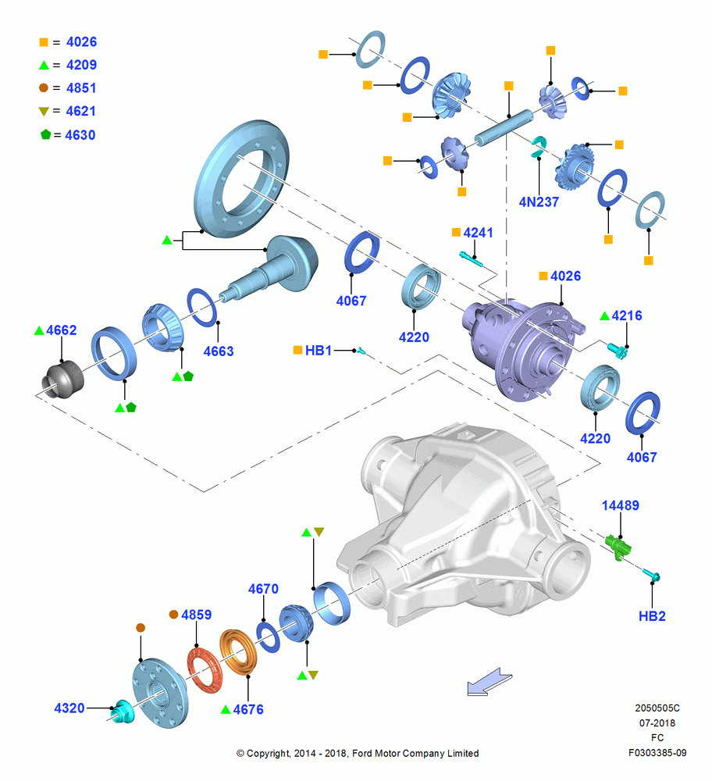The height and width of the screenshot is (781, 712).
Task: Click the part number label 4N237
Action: [x=539, y=201]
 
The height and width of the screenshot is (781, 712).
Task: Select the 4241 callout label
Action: [x=478, y=233]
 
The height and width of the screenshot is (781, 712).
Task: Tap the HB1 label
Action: [x=319, y=350]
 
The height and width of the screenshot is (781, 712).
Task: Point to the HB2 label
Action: [x=652, y=616]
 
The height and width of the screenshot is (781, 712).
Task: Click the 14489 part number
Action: [x=621, y=505]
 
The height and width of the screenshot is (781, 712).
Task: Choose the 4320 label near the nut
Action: [x=69, y=708]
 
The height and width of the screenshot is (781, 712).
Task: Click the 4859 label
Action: [x=196, y=615]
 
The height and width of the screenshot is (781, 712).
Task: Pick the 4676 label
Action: [x=248, y=709]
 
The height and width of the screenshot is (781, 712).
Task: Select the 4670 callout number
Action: [x=263, y=589]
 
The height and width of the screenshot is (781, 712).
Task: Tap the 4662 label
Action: [x=61, y=330]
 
